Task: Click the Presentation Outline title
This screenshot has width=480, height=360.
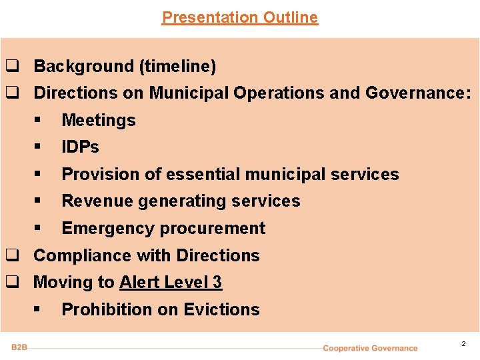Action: pos(240,17)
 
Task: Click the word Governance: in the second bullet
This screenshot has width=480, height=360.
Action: pos(418,93)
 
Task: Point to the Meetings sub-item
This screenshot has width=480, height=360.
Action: pos(98,121)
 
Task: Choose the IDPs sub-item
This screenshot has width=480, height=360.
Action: pos(80,147)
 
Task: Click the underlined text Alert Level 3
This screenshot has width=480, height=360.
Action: pos(171,283)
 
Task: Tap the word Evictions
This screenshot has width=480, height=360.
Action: pos(221,310)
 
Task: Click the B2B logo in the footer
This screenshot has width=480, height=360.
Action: pos(19,347)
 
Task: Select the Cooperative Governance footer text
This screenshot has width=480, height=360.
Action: pos(370,348)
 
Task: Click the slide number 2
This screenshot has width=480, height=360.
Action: pos(463,344)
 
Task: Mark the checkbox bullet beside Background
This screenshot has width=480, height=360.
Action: pos(11,67)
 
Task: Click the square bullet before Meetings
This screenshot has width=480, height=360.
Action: pos(39,121)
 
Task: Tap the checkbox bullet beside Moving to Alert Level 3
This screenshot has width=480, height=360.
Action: pos(11,283)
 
